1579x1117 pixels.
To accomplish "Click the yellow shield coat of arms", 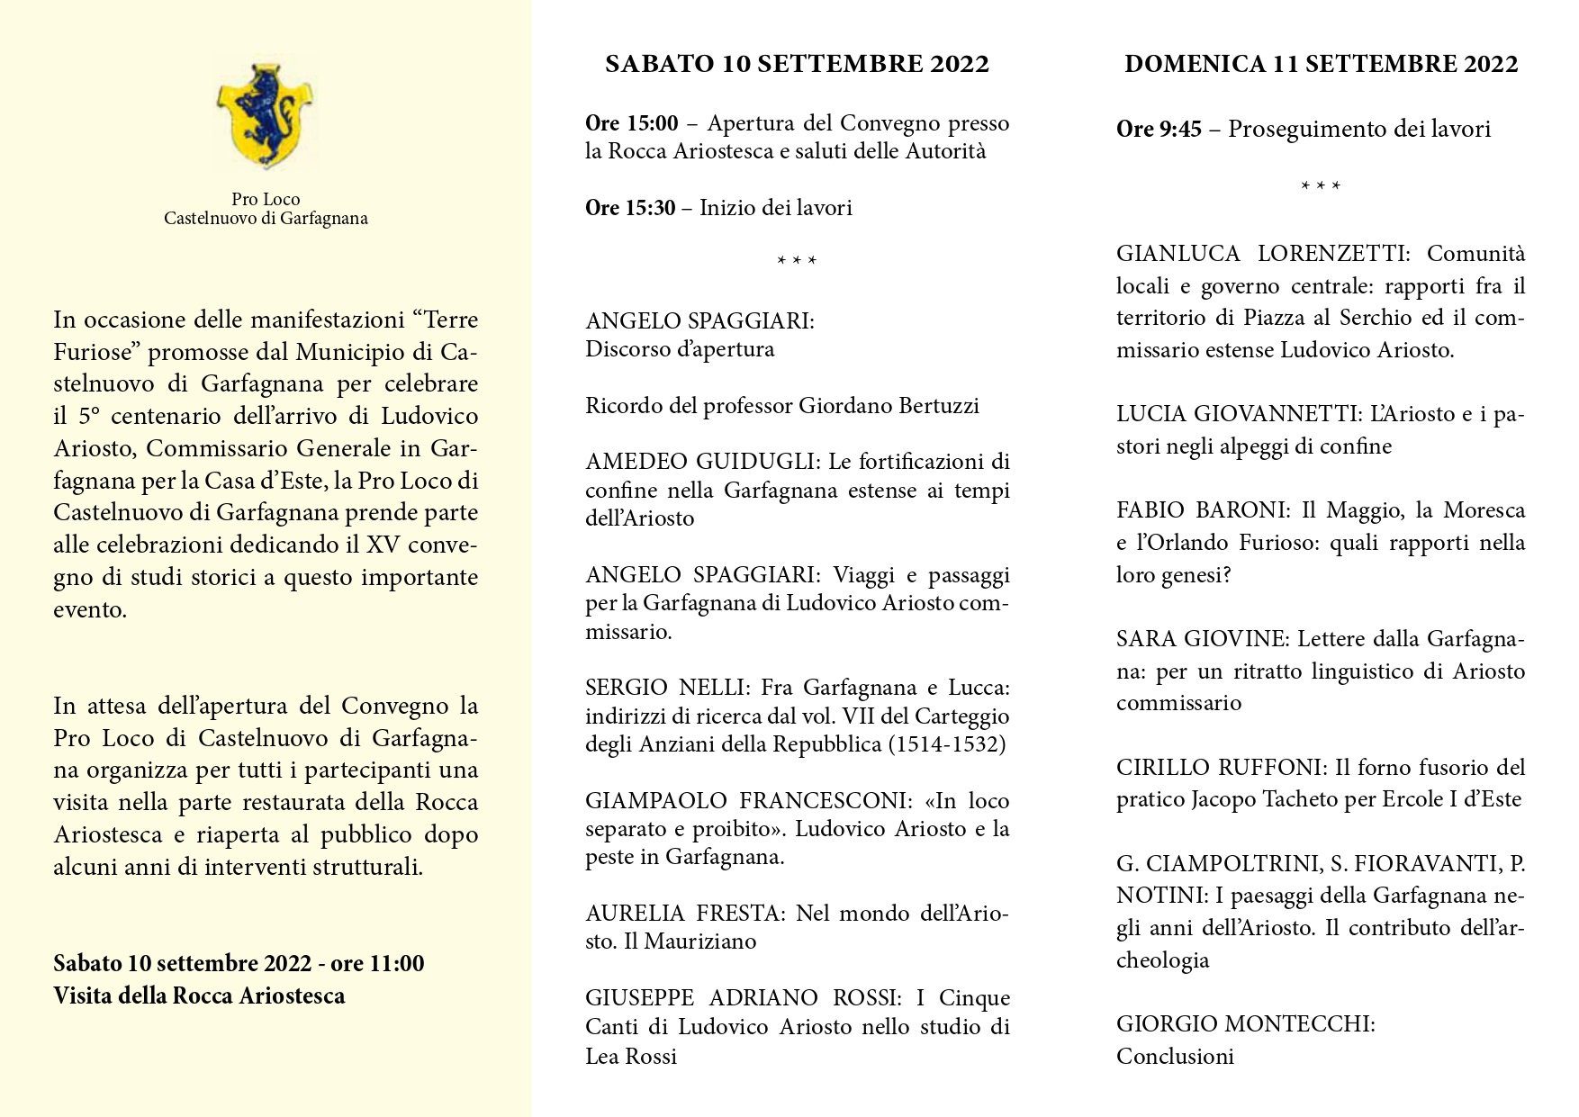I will (x=265, y=112).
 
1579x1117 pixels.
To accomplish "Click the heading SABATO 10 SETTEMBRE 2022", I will (x=797, y=64).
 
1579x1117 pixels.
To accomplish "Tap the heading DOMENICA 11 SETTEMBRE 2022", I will (x=1321, y=64).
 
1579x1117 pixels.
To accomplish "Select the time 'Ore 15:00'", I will (x=631, y=123).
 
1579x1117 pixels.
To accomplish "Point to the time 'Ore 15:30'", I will (x=629, y=208).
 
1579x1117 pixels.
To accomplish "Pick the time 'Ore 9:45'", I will (x=1159, y=130).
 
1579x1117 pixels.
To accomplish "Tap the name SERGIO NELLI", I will (x=665, y=689).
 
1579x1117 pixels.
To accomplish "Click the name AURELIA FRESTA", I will (x=684, y=914).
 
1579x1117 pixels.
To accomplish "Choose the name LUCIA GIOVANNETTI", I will (x=1238, y=414).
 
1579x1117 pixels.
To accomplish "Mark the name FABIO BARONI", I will (x=1203, y=510).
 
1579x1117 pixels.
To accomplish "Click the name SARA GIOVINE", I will (x=1203, y=639).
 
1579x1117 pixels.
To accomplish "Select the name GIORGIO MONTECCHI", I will (x=1245, y=1024).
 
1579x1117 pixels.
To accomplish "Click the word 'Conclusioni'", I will (x=1175, y=1057).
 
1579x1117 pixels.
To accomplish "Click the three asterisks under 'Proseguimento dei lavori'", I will (x=1321, y=187).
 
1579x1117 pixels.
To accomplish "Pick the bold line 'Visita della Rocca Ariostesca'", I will (x=199, y=996).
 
